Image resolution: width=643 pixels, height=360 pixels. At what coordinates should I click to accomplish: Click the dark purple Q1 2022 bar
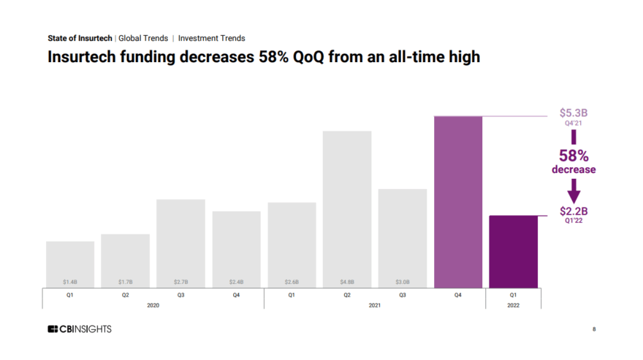point(513,251)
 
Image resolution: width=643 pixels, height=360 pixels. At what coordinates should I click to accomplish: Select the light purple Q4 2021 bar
point(458,202)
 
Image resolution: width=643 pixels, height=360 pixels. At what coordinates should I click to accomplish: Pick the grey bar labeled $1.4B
point(70,264)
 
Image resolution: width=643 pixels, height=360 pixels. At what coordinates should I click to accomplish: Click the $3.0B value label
point(402,281)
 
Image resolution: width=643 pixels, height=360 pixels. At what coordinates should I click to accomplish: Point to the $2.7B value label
point(180,281)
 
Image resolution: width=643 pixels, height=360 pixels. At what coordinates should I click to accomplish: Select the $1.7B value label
point(126,281)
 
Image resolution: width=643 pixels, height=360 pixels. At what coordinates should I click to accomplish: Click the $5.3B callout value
point(574,113)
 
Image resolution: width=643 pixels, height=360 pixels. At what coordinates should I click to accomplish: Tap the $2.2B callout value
point(574,211)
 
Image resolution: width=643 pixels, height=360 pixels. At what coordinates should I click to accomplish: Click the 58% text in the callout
point(574,156)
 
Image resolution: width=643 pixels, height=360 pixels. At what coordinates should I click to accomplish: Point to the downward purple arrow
point(574,191)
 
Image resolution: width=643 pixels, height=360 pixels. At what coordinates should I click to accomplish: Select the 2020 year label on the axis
point(153,305)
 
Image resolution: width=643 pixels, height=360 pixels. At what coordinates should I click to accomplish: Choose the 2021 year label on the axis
point(374,305)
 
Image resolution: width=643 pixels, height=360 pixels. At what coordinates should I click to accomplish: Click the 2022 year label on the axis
point(513,305)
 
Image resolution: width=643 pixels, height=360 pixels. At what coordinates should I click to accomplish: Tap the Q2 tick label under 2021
point(347,295)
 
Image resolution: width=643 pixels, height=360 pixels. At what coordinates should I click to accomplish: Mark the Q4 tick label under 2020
point(236,295)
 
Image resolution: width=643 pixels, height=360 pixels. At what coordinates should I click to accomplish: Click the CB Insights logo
point(80,329)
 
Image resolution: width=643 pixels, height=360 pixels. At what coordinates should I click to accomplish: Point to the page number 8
point(593,330)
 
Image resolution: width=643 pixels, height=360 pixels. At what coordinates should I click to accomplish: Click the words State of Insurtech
point(80,38)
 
